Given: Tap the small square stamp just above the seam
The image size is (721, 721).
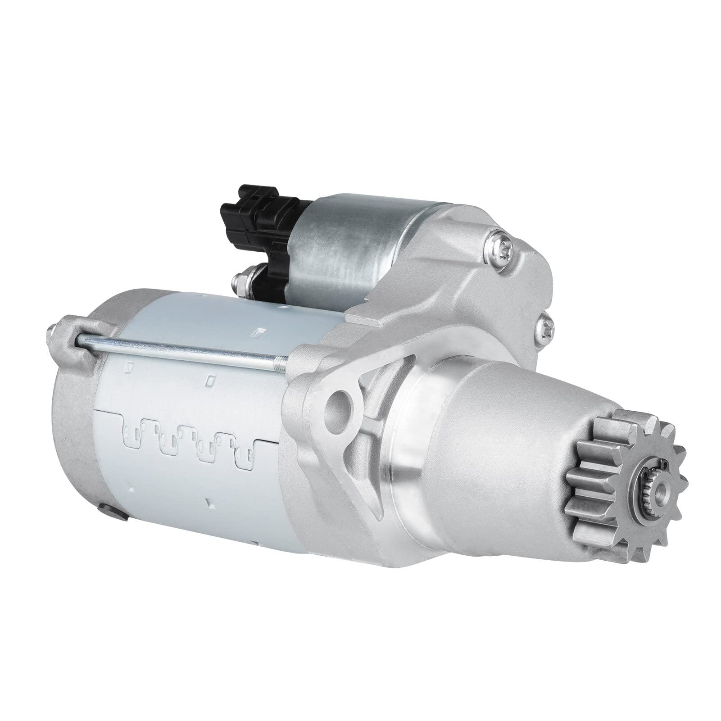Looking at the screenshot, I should tap(209, 381).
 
